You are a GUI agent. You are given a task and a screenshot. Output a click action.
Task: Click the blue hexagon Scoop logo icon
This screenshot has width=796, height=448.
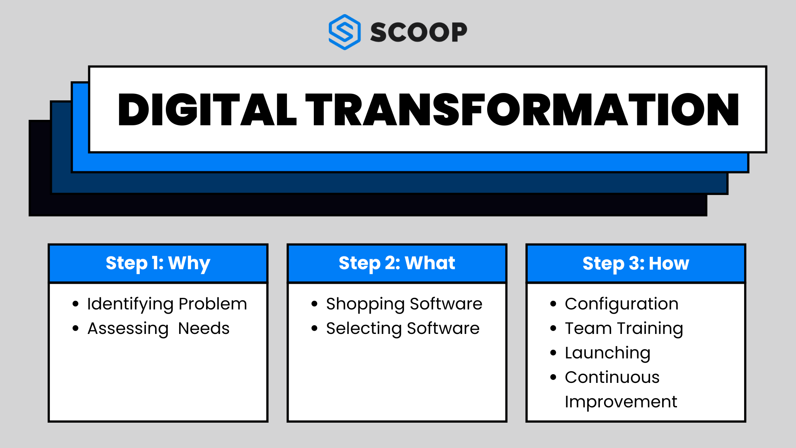point(344,32)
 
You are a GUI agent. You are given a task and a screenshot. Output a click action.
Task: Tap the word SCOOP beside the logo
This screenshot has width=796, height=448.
point(419,32)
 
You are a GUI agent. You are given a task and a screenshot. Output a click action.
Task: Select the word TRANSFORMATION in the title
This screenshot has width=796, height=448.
point(522,110)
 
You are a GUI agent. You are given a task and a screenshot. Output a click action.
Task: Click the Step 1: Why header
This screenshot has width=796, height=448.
point(158,263)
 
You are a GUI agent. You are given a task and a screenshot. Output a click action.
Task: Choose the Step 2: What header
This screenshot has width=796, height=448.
point(397,263)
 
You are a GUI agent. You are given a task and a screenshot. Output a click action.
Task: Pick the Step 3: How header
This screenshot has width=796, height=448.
point(636,263)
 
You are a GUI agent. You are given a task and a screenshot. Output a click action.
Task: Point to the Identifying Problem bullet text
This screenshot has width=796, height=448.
point(167,304)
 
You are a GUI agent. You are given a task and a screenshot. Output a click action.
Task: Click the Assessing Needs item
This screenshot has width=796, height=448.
point(158,329)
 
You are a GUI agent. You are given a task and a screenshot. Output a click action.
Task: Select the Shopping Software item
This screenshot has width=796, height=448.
point(404,304)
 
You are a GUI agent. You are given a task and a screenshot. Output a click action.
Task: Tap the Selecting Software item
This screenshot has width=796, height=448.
point(403,329)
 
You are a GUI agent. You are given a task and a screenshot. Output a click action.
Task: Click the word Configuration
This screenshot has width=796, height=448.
point(622,304)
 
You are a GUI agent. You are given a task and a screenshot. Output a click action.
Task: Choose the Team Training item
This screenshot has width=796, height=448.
point(624,329)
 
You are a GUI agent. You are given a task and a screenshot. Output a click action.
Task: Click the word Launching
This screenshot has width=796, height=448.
point(608,353)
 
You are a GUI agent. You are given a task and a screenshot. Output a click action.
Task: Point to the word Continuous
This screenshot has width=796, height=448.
point(612,377)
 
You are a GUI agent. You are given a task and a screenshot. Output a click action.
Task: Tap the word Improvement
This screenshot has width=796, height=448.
point(621,402)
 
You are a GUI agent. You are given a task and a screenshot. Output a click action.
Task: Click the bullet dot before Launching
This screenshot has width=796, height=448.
point(553,353)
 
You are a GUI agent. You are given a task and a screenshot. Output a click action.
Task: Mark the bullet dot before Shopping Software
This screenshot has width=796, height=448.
point(314,304)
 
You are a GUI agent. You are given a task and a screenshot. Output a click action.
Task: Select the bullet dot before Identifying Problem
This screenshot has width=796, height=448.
point(75,304)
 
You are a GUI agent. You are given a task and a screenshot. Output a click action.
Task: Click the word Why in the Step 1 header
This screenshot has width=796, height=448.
point(189,263)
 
